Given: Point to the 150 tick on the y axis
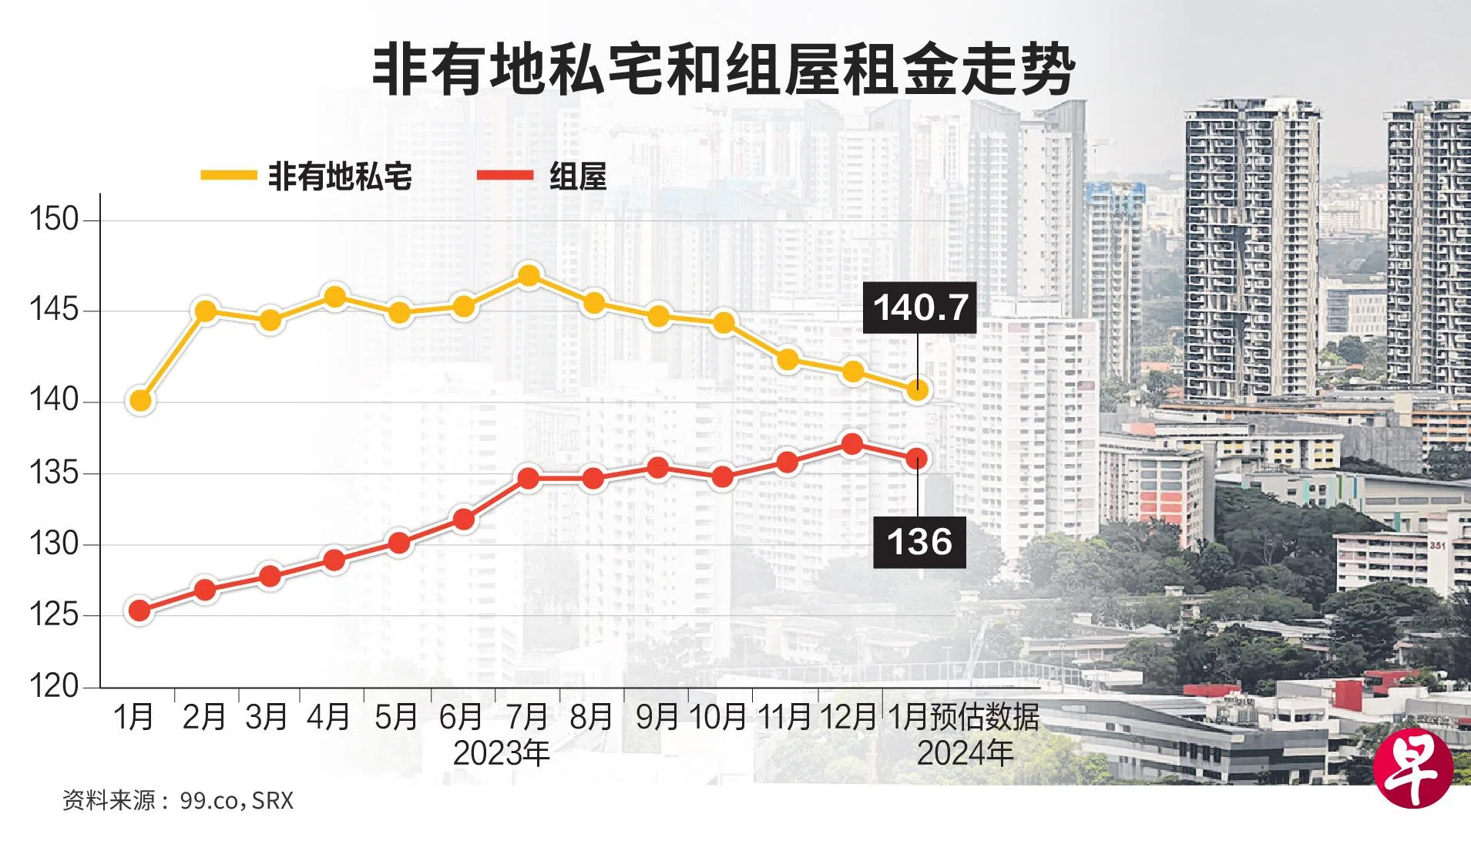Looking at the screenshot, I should pyautogui.click(x=54, y=220).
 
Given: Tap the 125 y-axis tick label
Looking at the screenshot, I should pyautogui.click(x=54, y=615).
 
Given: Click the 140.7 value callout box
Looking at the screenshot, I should pyautogui.click(x=919, y=308).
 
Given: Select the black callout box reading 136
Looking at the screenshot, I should pyautogui.click(x=919, y=542).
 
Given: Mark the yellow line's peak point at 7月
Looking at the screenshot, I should pyautogui.click(x=529, y=275).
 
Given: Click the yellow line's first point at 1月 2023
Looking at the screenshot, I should pyautogui.click(x=140, y=400).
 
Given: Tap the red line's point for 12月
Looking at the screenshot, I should pyautogui.click(x=852, y=445).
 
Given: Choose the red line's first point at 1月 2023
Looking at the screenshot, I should pyautogui.click(x=140, y=611).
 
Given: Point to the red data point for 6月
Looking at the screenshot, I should pyautogui.click(x=464, y=520).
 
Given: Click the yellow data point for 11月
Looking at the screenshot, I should pyautogui.click(x=788, y=358).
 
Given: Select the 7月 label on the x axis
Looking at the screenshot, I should pyautogui.click(x=527, y=717).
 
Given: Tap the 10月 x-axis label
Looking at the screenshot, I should pyautogui.click(x=718, y=717).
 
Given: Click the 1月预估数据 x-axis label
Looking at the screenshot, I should pyautogui.click(x=963, y=717).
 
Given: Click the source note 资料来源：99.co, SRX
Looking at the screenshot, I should pyautogui.click(x=178, y=800).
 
